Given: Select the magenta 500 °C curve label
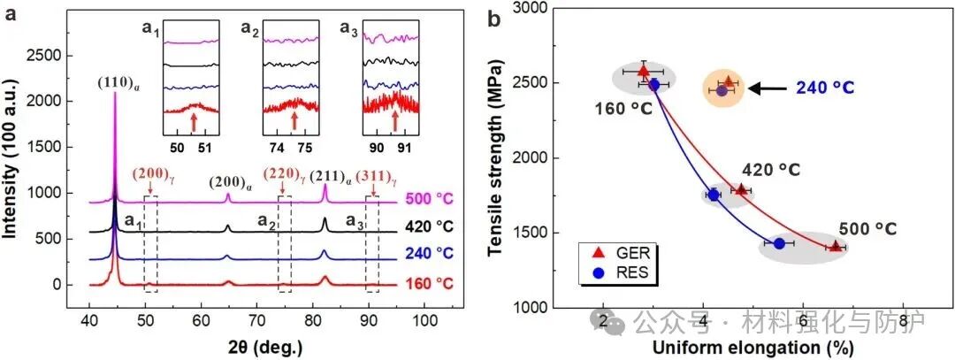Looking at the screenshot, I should [x=431, y=200].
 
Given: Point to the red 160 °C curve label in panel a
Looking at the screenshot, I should [x=431, y=285].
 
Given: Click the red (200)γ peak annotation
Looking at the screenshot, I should [x=150, y=172].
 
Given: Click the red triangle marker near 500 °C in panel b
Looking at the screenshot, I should [x=835, y=246].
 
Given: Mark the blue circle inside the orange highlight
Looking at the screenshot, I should [x=722, y=90].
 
